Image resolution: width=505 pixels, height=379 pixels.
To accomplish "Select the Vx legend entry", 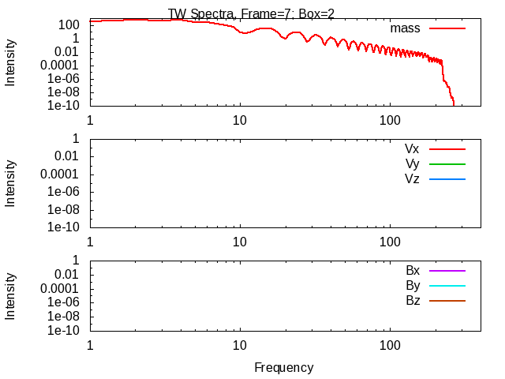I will (x=412, y=148).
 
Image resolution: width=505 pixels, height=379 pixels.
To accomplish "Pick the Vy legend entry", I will (x=412, y=163).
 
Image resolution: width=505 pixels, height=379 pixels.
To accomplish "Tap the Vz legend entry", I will (x=412, y=178).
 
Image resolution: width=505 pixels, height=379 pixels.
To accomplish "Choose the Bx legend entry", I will (x=413, y=270).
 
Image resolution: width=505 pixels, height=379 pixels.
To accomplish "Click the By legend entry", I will (x=413, y=285).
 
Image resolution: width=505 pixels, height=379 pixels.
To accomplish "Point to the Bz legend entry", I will (x=413, y=300).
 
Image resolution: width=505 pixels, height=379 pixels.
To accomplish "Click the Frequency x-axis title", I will (x=283, y=367).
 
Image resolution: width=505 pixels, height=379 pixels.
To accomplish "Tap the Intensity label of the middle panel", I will (x=11, y=183).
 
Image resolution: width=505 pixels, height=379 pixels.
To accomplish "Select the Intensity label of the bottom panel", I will (x=11, y=295).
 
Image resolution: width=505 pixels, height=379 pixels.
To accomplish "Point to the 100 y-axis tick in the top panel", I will (x=69, y=24).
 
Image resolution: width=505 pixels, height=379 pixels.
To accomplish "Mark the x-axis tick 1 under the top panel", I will (x=90, y=120).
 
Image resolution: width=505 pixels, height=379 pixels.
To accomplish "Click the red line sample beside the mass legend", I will (x=447, y=28).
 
